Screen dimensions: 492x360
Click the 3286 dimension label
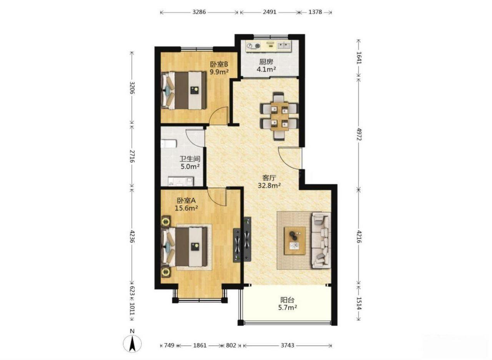[199, 12]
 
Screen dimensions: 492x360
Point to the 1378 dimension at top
[315, 12]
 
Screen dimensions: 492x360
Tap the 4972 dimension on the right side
[358, 134]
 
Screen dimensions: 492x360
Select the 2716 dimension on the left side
[132, 156]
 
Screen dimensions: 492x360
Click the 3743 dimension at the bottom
[287, 345]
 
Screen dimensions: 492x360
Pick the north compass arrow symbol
[132, 343]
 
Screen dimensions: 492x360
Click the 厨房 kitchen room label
[266, 62]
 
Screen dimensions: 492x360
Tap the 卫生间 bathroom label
[190, 159]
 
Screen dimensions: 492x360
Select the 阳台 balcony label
[287, 300]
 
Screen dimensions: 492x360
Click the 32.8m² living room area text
[269, 186]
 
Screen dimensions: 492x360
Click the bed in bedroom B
[184, 90]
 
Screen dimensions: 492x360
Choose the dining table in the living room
[279, 116]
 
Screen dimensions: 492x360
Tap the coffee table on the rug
[294, 241]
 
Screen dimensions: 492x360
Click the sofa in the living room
[321, 240]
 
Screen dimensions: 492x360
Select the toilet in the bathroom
[169, 144]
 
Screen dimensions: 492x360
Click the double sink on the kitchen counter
[284, 46]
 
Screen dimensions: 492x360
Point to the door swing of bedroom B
[218, 116]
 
